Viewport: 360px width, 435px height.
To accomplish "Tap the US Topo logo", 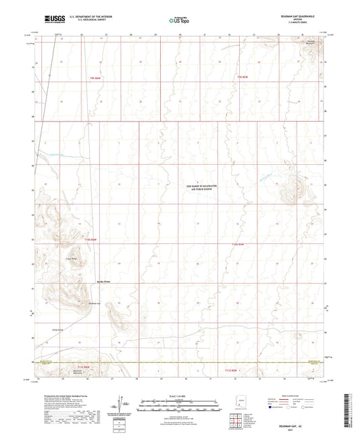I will [179, 20].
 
